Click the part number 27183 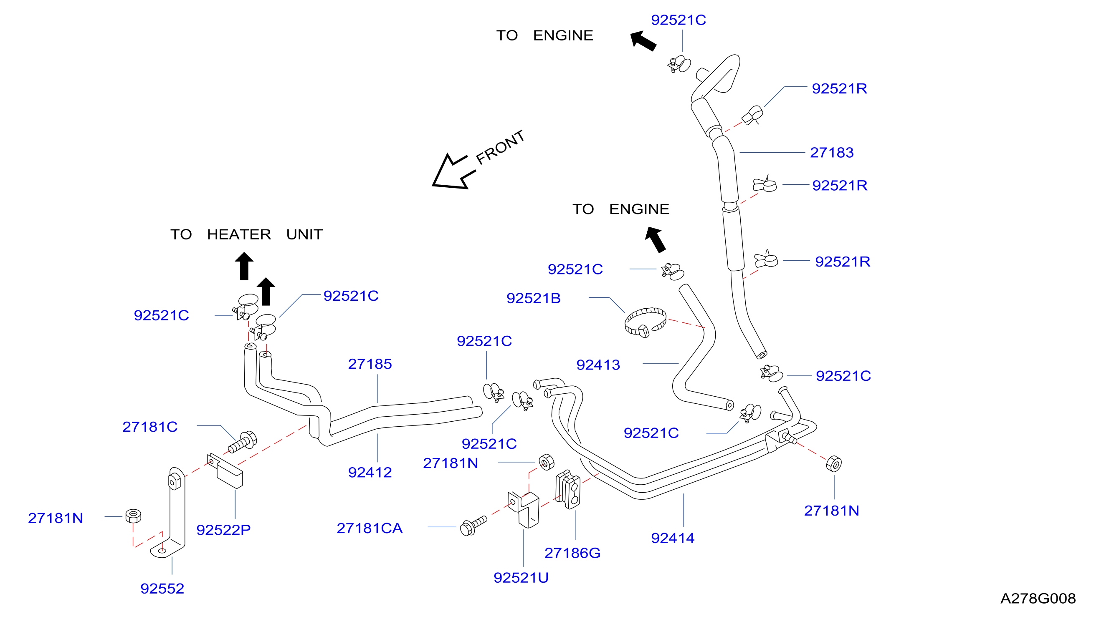tap(831, 153)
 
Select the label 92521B tap(534, 299)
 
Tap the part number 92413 tap(598, 365)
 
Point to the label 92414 tap(672, 538)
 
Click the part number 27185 tap(370, 364)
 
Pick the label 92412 tap(370, 473)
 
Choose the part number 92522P tap(223, 530)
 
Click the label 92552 tap(162, 589)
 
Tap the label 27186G tap(572, 554)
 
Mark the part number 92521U tap(521, 578)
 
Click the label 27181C tap(150, 427)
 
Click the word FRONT tap(500, 148)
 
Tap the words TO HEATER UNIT tap(246, 235)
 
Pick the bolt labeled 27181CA tap(473, 526)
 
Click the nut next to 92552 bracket tap(133, 516)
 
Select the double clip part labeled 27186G tap(568, 489)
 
